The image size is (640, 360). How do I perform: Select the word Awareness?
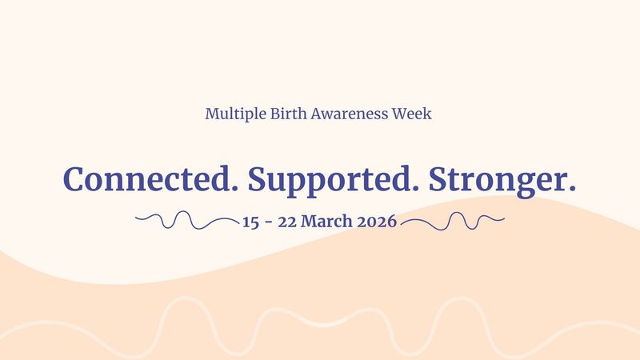350,113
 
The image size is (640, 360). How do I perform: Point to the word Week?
412,113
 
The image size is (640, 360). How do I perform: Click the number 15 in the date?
250,222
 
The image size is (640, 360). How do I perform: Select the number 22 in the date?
287,222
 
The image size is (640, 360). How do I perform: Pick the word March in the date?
326,222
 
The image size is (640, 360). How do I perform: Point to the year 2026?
377,222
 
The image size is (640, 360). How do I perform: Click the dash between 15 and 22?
268,223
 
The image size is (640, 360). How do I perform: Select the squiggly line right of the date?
453,221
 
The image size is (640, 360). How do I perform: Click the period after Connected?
234,188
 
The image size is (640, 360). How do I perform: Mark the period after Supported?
414,188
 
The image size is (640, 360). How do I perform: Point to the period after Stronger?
572,188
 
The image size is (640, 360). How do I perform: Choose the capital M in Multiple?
212,114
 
